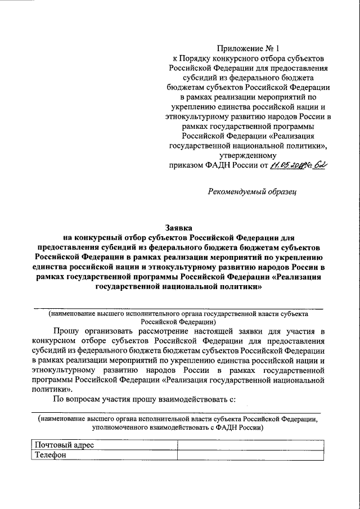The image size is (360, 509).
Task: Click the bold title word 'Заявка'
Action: point(179,227)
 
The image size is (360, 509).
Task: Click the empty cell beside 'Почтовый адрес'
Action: point(250,445)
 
